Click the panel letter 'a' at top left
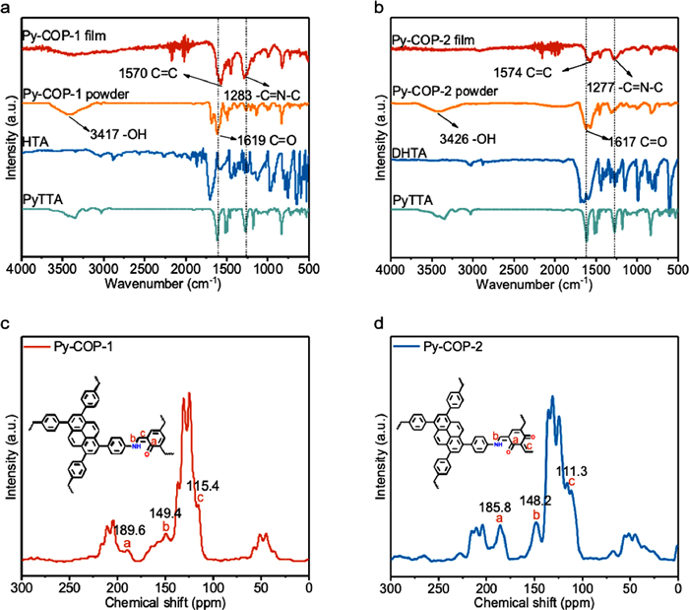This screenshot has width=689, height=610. pyautogui.click(x=7, y=8)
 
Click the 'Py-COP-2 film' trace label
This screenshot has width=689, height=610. pyautogui.click(x=432, y=40)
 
